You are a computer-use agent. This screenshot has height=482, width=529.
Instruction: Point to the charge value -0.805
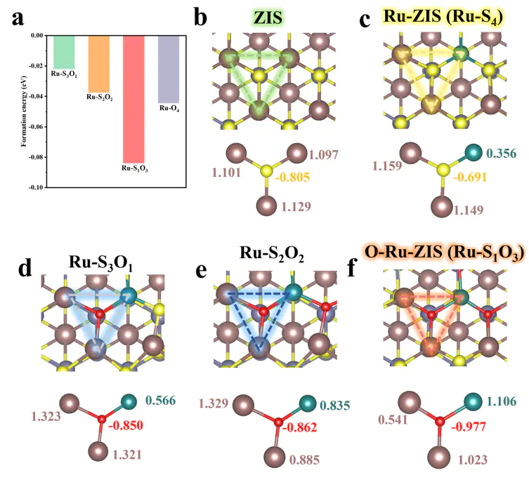point(294,178)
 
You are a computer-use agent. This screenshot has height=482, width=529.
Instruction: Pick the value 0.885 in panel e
point(304,460)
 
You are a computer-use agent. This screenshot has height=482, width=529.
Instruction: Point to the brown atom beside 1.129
point(266,205)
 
